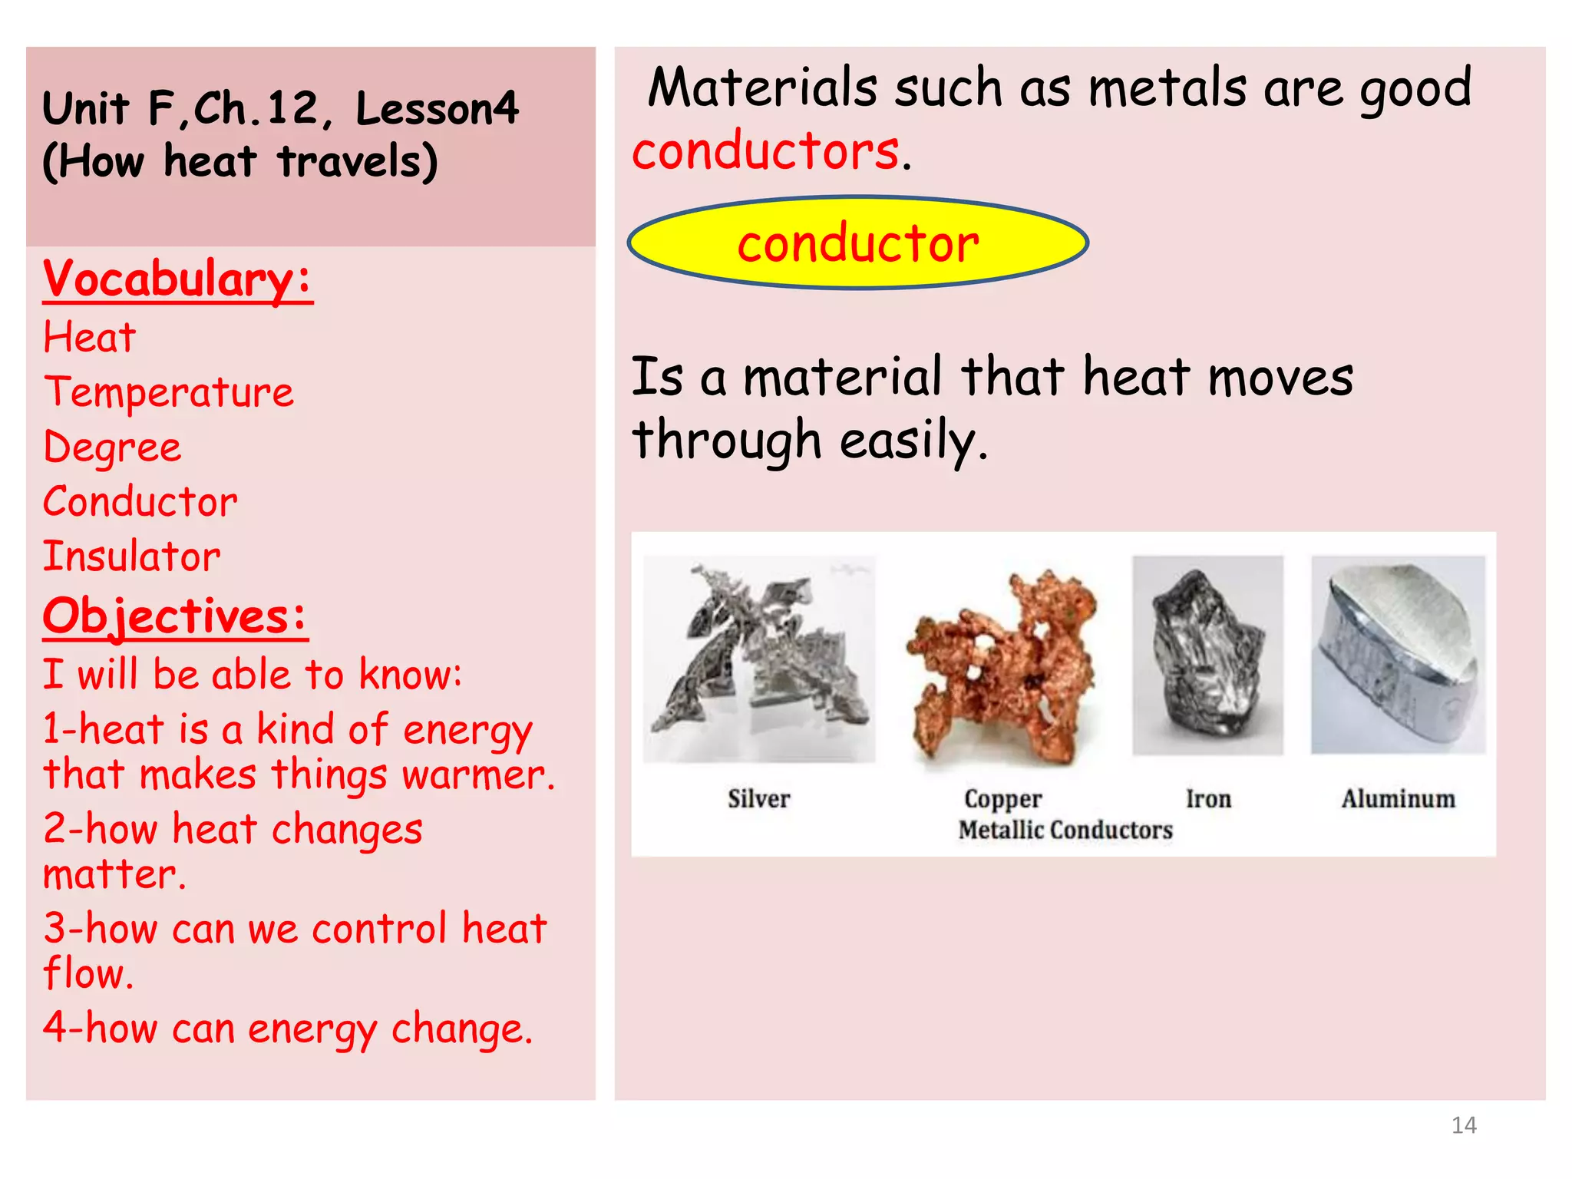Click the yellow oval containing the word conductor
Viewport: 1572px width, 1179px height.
857,243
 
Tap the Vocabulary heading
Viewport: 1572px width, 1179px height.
177,279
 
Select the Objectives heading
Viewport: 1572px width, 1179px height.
175,616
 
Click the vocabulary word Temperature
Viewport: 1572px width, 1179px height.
168,392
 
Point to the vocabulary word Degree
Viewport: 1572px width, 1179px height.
113,447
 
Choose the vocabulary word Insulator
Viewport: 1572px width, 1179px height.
132,556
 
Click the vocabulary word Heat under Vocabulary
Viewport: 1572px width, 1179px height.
90,338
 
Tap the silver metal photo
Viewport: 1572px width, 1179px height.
758,659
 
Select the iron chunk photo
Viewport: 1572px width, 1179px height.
1207,655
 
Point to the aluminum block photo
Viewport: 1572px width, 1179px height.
1398,655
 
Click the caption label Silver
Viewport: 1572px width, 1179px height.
758,799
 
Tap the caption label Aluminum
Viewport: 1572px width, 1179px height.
1398,799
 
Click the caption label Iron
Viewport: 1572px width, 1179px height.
1208,799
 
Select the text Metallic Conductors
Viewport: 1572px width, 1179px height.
1065,831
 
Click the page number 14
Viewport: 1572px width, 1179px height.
1464,1125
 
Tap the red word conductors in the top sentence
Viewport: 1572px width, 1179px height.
765,150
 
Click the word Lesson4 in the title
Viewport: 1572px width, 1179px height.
438,108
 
